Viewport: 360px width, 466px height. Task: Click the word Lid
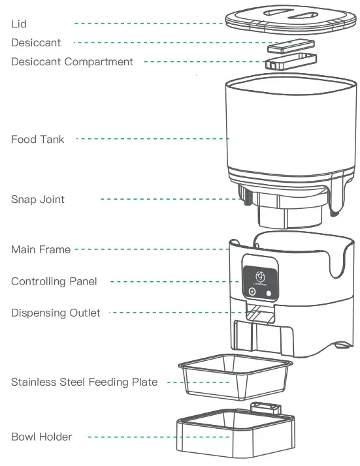click(x=19, y=23)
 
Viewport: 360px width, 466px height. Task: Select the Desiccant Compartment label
click(x=72, y=62)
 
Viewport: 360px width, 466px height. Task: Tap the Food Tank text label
click(x=38, y=139)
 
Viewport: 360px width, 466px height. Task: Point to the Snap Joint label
click(x=38, y=199)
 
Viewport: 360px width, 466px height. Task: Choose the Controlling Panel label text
click(x=54, y=281)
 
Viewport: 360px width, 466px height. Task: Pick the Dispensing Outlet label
click(x=56, y=313)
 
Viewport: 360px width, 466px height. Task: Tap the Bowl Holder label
click(x=42, y=436)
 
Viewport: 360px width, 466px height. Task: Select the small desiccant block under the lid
click(x=290, y=47)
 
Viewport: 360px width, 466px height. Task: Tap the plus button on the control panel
click(x=252, y=293)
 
